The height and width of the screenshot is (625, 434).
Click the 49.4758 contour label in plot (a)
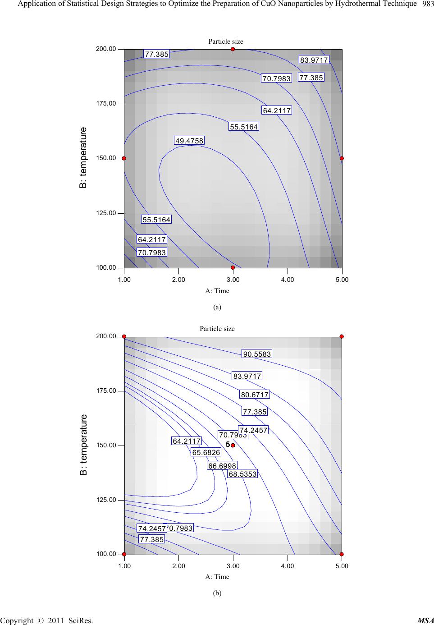tap(189, 141)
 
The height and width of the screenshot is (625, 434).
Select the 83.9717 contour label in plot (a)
tap(314, 60)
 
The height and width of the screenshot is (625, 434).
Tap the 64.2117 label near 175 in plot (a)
tap(277, 110)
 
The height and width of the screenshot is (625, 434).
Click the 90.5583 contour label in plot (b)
tap(257, 354)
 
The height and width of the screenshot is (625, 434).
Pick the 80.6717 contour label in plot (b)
tap(255, 395)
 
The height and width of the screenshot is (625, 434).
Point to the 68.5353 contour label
tap(242, 474)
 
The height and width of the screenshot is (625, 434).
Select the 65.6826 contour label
tap(206, 452)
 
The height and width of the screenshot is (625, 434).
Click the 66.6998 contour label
tap(222, 466)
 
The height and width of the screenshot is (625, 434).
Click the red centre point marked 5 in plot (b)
tap(233, 445)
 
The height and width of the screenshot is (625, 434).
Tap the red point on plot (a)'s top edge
tap(233, 49)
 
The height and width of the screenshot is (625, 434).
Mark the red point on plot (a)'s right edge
tap(342, 158)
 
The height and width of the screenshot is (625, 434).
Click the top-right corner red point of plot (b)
tap(342, 336)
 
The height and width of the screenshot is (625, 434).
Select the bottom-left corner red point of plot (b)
tap(124, 554)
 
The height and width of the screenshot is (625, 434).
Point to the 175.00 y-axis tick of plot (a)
tap(106, 103)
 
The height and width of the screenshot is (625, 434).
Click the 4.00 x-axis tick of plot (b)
tap(287, 565)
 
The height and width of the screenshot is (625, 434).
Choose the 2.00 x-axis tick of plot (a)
tap(178, 280)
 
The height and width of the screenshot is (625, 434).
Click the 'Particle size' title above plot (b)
tap(217, 328)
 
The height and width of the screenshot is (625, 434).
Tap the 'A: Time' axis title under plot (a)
tap(217, 291)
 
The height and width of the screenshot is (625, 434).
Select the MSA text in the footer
tap(425, 621)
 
